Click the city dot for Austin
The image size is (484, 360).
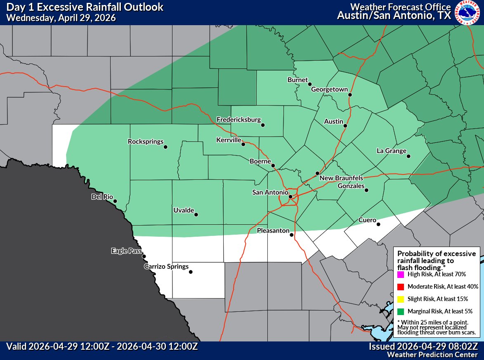[x=345, y=126]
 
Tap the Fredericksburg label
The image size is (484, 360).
[x=238, y=120]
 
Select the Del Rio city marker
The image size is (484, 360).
[x=115, y=201]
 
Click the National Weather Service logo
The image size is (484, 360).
[x=468, y=13]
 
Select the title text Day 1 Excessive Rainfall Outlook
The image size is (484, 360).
[x=85, y=7]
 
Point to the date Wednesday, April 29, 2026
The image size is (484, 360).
[x=61, y=18]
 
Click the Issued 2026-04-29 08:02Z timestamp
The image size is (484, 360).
[x=423, y=346]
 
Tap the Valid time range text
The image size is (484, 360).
[x=102, y=346]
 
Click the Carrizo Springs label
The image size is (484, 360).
[x=166, y=267]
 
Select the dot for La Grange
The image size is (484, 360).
[x=408, y=156]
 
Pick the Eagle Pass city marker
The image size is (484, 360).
[x=144, y=256]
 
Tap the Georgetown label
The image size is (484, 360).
[x=329, y=89]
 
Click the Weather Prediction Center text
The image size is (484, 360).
[x=432, y=355]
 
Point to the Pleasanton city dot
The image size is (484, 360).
[x=291, y=235]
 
